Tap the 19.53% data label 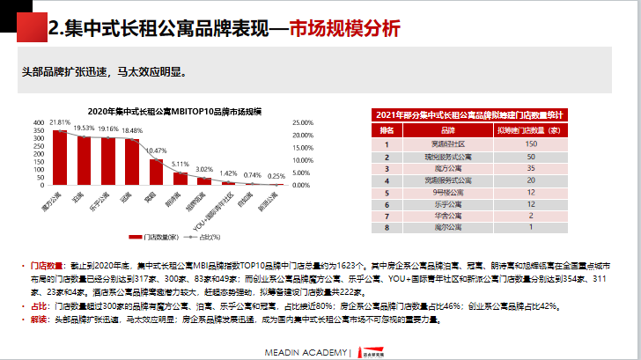pos(84,128)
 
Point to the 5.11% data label pos(181,164)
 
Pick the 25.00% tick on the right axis pos(302,122)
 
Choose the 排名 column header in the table pos(387,129)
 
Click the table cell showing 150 pos(530,143)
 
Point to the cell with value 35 pos(530,166)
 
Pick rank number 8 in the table pos(387,227)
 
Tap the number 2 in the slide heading pos(55,30)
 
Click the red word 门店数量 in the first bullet pos(48,265)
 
